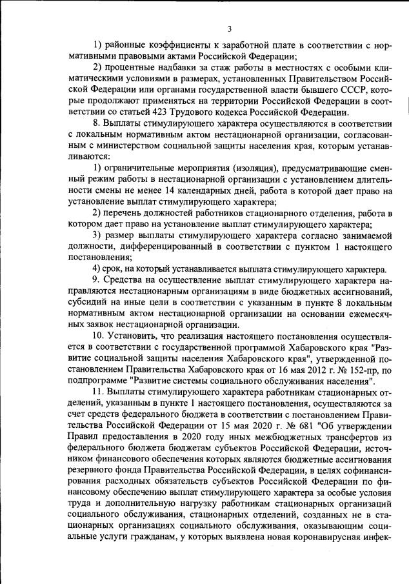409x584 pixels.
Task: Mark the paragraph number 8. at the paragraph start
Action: (x=97, y=124)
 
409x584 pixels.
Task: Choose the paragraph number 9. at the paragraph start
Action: (x=97, y=281)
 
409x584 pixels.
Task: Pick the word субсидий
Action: (x=87, y=303)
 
